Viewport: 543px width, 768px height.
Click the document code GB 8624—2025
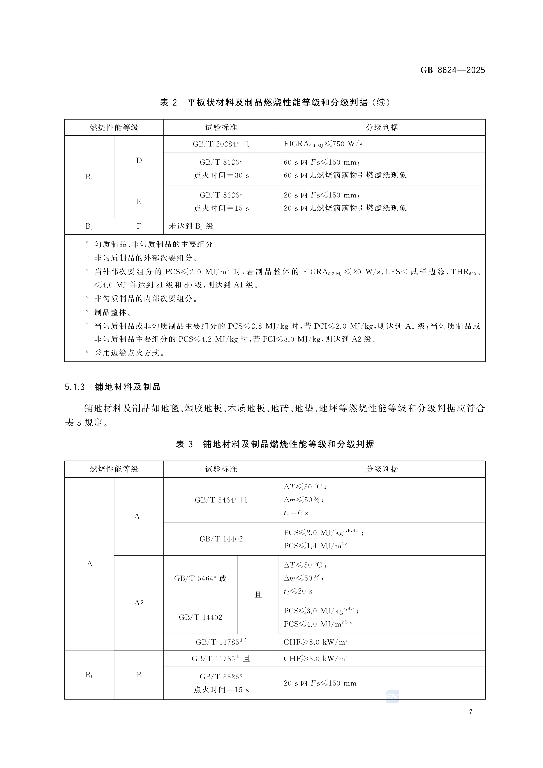pyautogui.click(x=452, y=70)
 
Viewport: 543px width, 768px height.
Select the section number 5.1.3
pyautogui.click(x=75, y=387)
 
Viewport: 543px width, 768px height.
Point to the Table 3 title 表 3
pyautogui.click(x=184, y=444)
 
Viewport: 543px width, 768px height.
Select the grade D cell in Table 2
pyautogui.click(x=139, y=160)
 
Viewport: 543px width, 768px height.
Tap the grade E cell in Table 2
pyautogui.click(x=139, y=201)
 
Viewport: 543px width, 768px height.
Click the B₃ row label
pyautogui.click(x=89, y=226)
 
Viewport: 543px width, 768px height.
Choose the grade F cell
pyautogui.click(x=139, y=226)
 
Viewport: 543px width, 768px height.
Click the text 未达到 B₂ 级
pyautogui.click(x=191, y=226)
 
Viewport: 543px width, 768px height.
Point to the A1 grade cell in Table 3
pyautogui.click(x=139, y=516)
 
